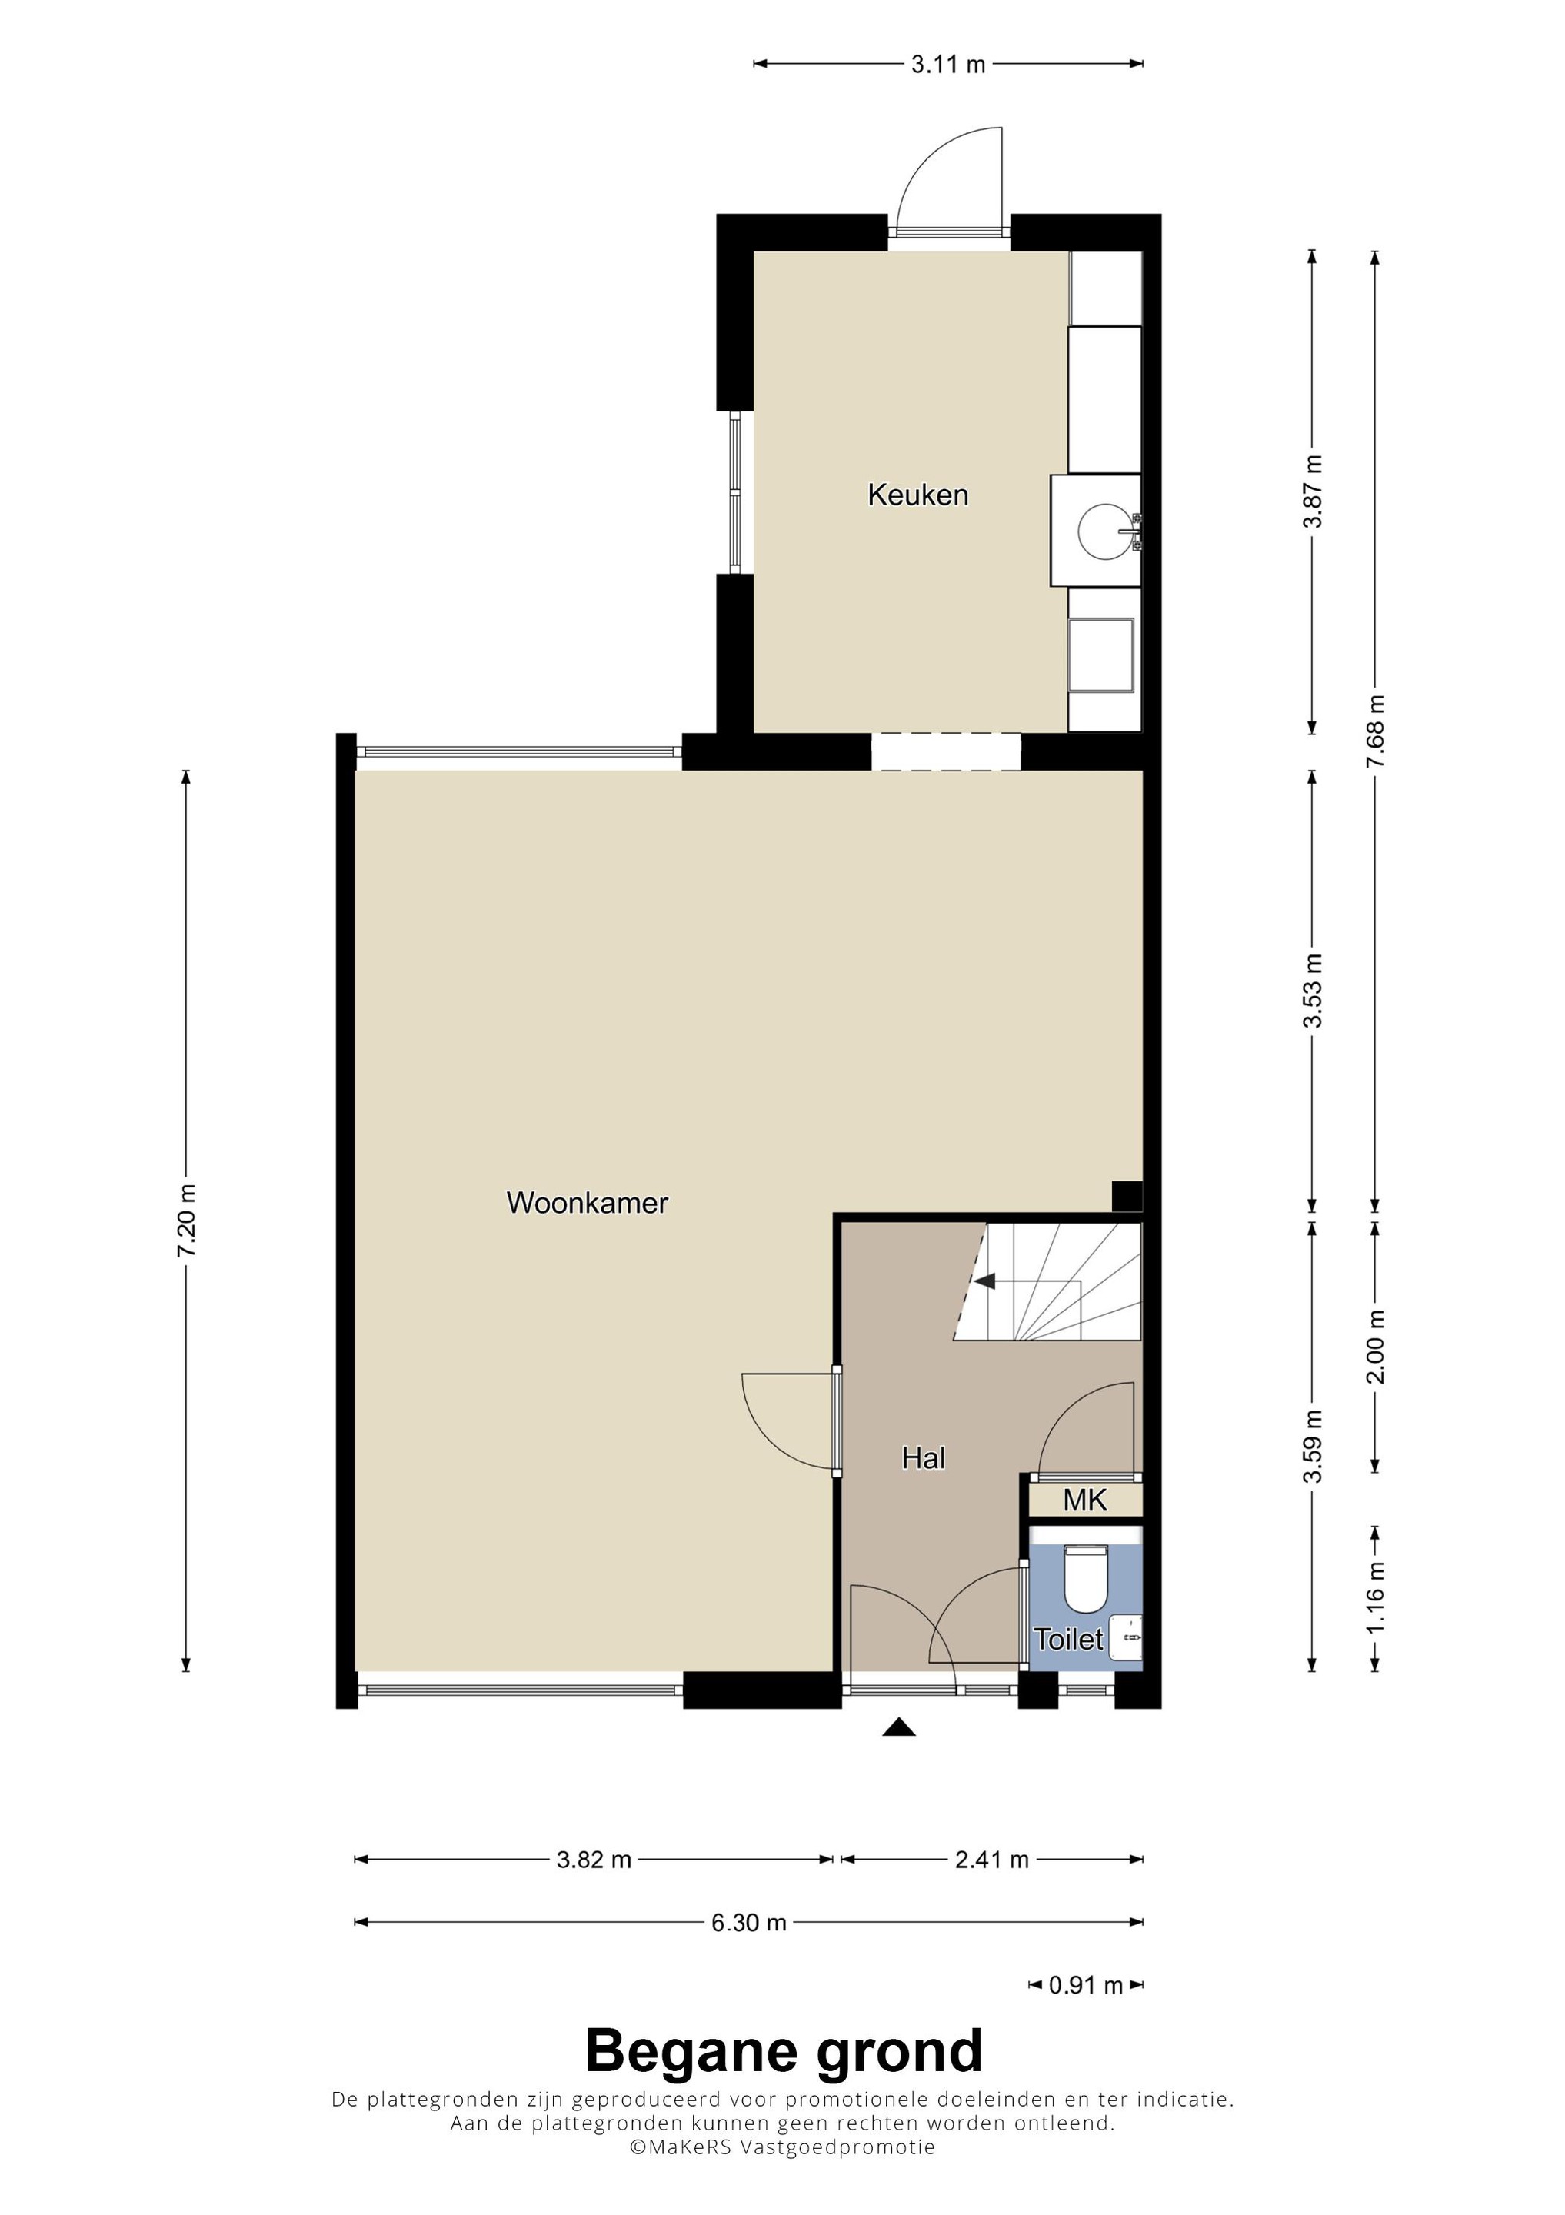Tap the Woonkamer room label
coord(588,1203)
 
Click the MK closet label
coord(1085,1501)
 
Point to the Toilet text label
coord(1069,1639)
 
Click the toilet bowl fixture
coord(1085,1578)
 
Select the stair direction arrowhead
coord(984,1281)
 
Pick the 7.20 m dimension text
coord(186,1221)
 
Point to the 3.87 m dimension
coord(1312,492)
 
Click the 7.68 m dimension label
coord(1375,731)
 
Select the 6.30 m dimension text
coord(749,1923)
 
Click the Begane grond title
coord(784,2053)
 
